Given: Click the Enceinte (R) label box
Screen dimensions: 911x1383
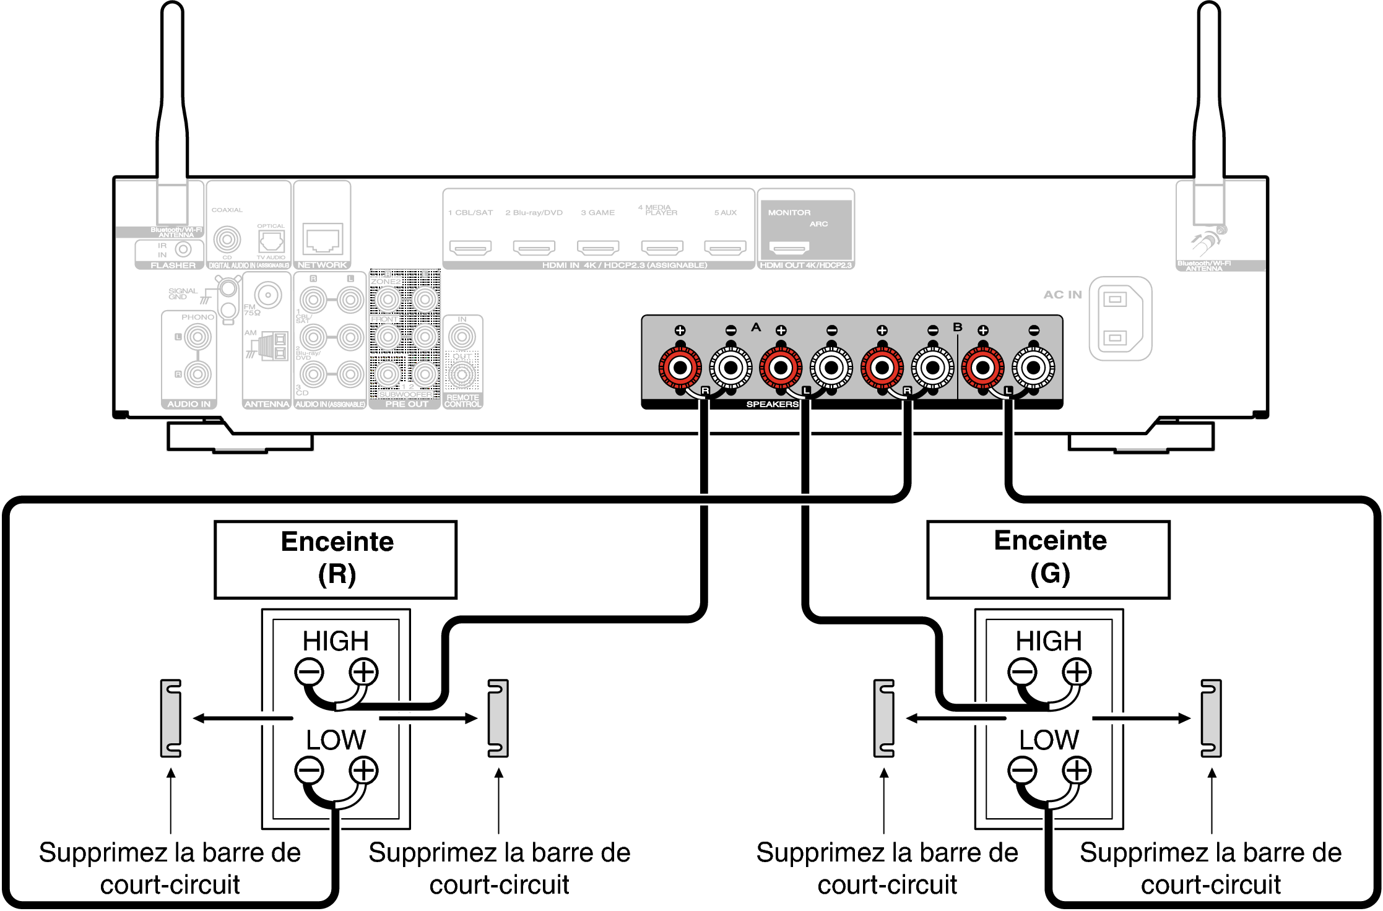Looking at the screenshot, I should (x=336, y=559).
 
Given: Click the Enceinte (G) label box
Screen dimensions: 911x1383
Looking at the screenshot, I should (x=1048, y=559).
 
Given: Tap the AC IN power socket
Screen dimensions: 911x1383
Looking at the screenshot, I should (x=1120, y=318).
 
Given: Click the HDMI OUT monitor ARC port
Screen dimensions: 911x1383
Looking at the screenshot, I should (x=789, y=248).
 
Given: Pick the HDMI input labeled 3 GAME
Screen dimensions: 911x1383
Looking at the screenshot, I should (x=598, y=248).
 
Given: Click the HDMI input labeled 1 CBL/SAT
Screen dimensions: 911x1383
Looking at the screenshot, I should (x=470, y=248).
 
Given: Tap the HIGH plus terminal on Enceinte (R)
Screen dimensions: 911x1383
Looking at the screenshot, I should (x=363, y=672).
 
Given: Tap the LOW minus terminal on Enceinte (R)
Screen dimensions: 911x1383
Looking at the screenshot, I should (x=308, y=771).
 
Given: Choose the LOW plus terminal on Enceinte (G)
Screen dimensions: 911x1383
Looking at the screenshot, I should (x=1077, y=771).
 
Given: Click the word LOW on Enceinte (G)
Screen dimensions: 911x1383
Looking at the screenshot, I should (x=1049, y=740).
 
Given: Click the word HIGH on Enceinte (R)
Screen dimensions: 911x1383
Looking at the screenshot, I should (x=336, y=641).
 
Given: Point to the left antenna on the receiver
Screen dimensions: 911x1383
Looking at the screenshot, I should (x=172, y=111).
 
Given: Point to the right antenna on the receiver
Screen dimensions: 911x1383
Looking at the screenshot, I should (x=1208, y=111).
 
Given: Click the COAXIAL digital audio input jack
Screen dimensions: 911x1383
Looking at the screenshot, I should (x=227, y=239).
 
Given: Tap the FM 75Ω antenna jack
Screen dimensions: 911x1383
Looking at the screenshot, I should (x=268, y=295).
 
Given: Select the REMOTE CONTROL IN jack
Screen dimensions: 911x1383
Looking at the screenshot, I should (x=462, y=337).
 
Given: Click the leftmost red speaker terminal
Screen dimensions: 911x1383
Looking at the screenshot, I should (x=680, y=368).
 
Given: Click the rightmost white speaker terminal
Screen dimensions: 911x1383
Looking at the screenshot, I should (x=1033, y=368).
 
